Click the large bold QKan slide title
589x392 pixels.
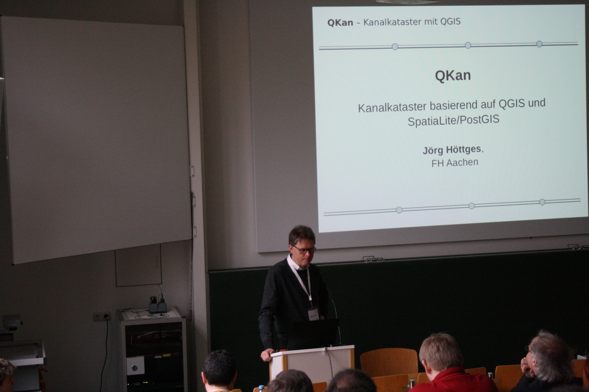point(453,75)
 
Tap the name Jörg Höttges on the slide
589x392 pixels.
point(452,149)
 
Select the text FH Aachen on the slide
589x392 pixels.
point(455,163)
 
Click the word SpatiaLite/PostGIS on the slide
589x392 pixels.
point(454,120)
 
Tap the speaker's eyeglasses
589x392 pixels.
point(304,249)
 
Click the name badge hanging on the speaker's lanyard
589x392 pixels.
point(314,314)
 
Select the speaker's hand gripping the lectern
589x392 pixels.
point(268,354)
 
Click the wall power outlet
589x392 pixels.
point(102,317)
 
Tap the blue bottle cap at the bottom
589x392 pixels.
point(261,387)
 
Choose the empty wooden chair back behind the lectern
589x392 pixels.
point(389,362)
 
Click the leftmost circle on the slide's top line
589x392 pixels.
point(395,47)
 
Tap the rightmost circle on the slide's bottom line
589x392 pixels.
point(542,202)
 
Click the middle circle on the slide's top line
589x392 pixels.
point(468,45)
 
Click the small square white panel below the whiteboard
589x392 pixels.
point(138,266)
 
